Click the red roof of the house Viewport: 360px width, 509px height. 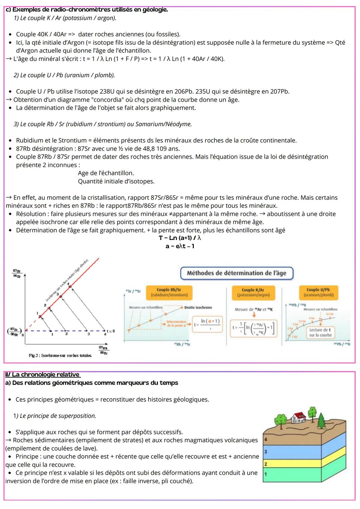(x=298, y=415)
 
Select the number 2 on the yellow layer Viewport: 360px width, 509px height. (x=266, y=464)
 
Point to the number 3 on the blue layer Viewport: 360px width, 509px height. (x=266, y=452)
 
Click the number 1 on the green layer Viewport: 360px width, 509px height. (x=266, y=474)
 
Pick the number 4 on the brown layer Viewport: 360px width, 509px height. (x=266, y=440)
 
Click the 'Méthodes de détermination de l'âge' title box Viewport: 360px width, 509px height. (x=236, y=273)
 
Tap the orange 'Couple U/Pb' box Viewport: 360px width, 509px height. (x=318, y=292)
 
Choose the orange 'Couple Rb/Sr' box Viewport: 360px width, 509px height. (x=169, y=292)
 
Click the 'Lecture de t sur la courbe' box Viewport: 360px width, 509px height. (x=320, y=332)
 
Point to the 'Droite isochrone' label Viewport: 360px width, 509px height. (x=198, y=307)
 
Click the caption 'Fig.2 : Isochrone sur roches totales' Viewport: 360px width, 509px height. (x=60, y=355)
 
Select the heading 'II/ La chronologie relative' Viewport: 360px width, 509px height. (x=42, y=375)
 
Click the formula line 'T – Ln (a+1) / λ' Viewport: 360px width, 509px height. (x=180, y=238)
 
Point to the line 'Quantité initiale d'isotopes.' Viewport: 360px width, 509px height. (x=116, y=181)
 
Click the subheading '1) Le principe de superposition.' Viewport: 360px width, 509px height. (x=55, y=416)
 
